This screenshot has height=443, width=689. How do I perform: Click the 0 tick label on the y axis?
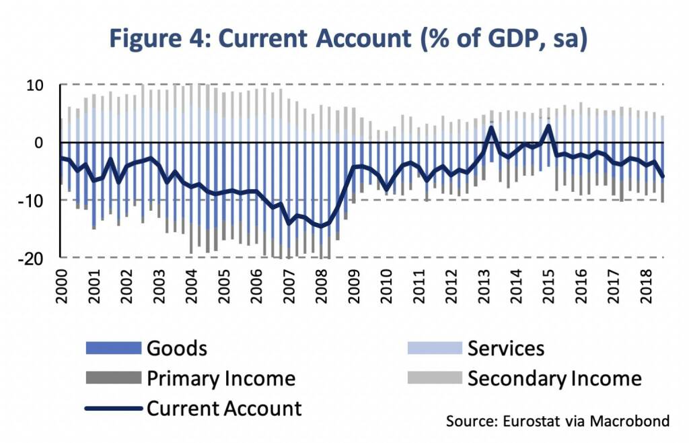click(x=40, y=143)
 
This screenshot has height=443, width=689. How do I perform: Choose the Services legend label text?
click(x=506, y=348)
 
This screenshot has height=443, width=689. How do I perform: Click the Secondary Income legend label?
click(x=554, y=378)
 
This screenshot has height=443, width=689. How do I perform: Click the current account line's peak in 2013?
click(x=492, y=127)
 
